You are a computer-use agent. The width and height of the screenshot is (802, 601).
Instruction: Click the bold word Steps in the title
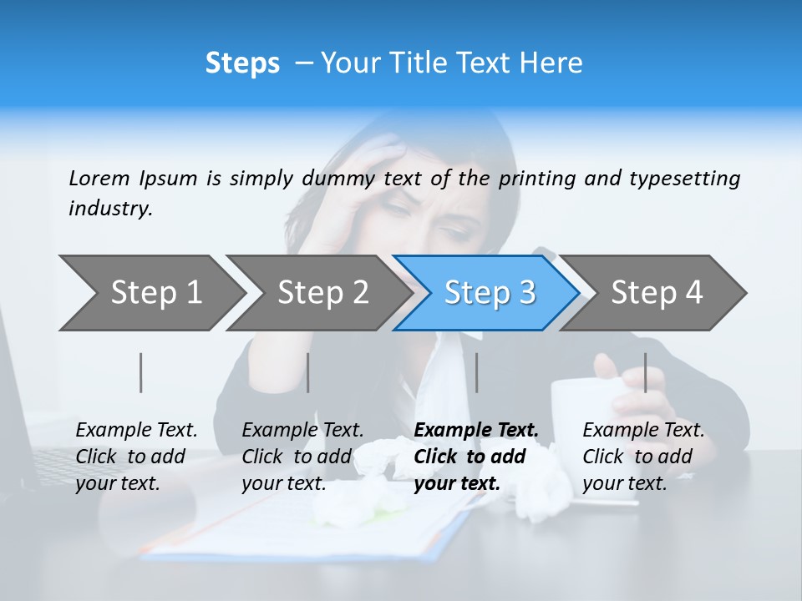(x=242, y=63)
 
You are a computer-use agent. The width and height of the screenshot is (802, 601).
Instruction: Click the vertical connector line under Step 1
(x=141, y=372)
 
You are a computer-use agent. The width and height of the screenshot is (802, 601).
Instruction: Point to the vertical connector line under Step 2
(x=308, y=372)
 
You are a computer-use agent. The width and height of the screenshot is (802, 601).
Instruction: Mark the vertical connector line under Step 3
(x=477, y=372)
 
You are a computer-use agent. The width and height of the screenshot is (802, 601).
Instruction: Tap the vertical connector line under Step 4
(x=646, y=372)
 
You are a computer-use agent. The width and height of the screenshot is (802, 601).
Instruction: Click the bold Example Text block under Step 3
(x=475, y=457)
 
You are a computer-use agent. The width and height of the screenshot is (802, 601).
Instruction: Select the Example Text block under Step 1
(x=136, y=457)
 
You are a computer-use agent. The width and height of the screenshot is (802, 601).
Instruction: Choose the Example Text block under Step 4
(x=643, y=457)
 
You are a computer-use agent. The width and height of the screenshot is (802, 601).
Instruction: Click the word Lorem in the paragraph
(x=99, y=179)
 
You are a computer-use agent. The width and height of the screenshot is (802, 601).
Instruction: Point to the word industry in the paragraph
(x=110, y=209)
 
